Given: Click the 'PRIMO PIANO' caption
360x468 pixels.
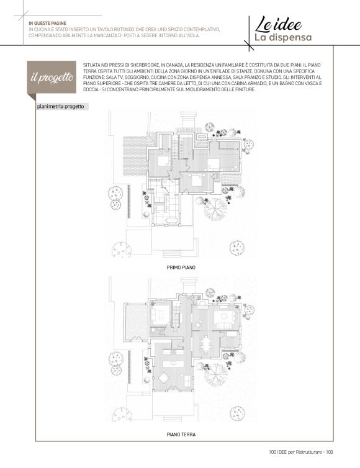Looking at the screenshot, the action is (x=181, y=268).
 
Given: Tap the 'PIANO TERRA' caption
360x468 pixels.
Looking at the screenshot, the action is (x=181, y=434).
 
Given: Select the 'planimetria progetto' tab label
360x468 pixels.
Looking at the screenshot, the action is (x=60, y=107).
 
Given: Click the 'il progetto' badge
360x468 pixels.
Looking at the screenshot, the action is (x=52, y=78).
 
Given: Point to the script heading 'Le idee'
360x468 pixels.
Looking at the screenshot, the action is (x=278, y=24).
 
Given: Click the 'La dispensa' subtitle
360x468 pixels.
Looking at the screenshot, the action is (x=283, y=38).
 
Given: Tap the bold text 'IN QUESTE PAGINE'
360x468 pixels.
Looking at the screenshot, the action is (x=47, y=23).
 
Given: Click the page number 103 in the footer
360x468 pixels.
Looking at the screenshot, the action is (x=329, y=452).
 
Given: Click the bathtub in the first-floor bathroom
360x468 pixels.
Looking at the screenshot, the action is (x=172, y=220).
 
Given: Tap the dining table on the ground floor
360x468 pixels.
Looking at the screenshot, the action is (x=205, y=343).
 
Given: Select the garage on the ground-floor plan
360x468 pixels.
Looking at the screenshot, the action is (x=137, y=322).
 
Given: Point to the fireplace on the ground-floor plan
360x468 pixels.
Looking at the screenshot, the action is (x=202, y=304).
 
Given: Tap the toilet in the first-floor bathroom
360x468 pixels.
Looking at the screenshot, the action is (x=164, y=181).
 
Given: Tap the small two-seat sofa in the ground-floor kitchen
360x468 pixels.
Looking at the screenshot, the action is (x=188, y=380).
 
